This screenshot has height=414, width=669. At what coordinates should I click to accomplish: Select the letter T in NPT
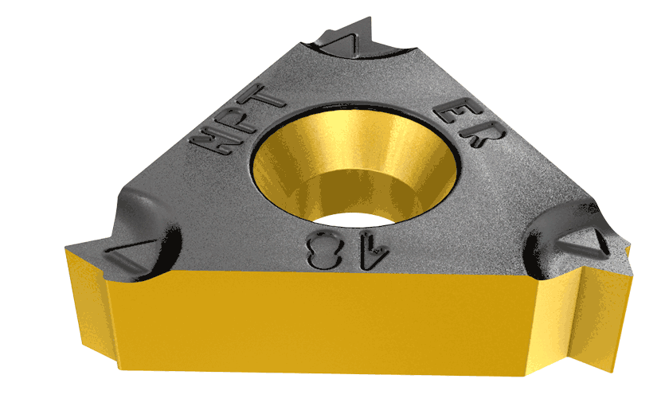[267, 98]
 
